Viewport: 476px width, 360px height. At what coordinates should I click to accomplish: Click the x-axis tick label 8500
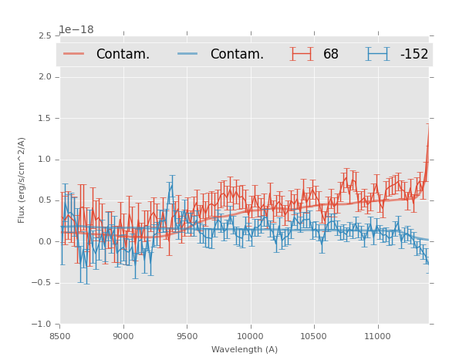pos(60,336)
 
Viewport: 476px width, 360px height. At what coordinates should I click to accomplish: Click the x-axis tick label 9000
pos(123,336)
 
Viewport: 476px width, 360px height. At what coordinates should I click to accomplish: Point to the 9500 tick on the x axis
pos(187,336)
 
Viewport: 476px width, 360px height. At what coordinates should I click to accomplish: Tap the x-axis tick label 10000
pos(250,336)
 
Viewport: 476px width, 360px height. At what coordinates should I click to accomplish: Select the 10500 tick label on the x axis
pos(313,336)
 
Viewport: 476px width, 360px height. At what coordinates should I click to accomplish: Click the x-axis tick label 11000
pos(376,336)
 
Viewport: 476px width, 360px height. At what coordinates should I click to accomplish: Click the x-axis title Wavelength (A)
pos(245,349)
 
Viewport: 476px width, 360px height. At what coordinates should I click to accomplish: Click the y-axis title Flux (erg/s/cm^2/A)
pos(22,180)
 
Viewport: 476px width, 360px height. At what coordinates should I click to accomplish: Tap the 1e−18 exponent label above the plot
pos(76,29)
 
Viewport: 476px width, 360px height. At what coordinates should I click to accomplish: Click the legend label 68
pos(331,55)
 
